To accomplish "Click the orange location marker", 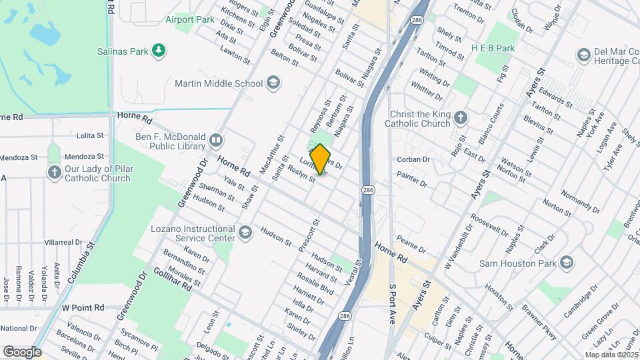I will tap(321, 159).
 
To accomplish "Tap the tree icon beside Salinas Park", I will tap(159, 50).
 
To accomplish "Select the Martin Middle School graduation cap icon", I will tap(273, 83).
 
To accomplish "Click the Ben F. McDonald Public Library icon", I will tap(215, 140).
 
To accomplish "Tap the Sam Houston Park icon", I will tap(566, 261).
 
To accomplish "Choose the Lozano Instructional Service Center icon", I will tap(245, 232).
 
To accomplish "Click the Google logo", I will tap(21, 351).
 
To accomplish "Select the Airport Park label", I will tap(190, 19).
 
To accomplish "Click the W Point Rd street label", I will tap(83, 307).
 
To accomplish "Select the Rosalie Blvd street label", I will tap(317, 282).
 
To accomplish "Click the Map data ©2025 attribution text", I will tap(611, 354).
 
